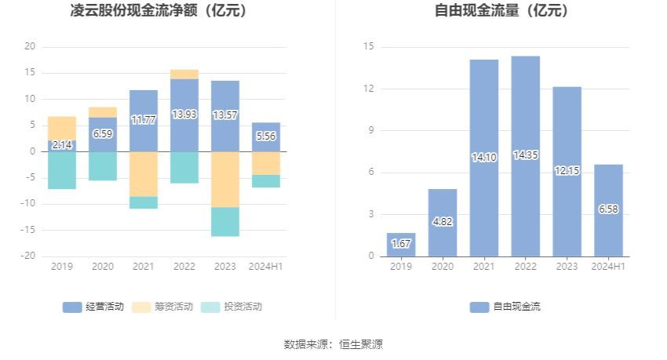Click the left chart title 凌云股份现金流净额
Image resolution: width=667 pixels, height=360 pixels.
(169, 11)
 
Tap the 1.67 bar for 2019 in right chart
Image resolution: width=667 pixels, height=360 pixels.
(401, 244)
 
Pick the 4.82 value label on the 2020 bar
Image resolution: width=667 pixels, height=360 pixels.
(442, 221)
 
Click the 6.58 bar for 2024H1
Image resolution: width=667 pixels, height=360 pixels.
(608, 209)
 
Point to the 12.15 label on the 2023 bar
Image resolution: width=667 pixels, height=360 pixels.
(567, 170)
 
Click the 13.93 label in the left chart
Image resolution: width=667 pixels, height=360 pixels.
(184, 115)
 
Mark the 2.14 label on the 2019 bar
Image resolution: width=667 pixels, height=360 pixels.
(62, 145)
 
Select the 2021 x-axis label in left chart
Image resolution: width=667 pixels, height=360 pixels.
(144, 267)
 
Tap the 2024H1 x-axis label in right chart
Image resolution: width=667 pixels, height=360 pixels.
(608, 267)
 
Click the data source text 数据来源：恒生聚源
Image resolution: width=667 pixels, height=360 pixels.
(333, 344)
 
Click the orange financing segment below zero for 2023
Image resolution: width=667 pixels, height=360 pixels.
(225, 179)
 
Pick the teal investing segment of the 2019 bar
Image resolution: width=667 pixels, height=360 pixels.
(62, 170)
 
